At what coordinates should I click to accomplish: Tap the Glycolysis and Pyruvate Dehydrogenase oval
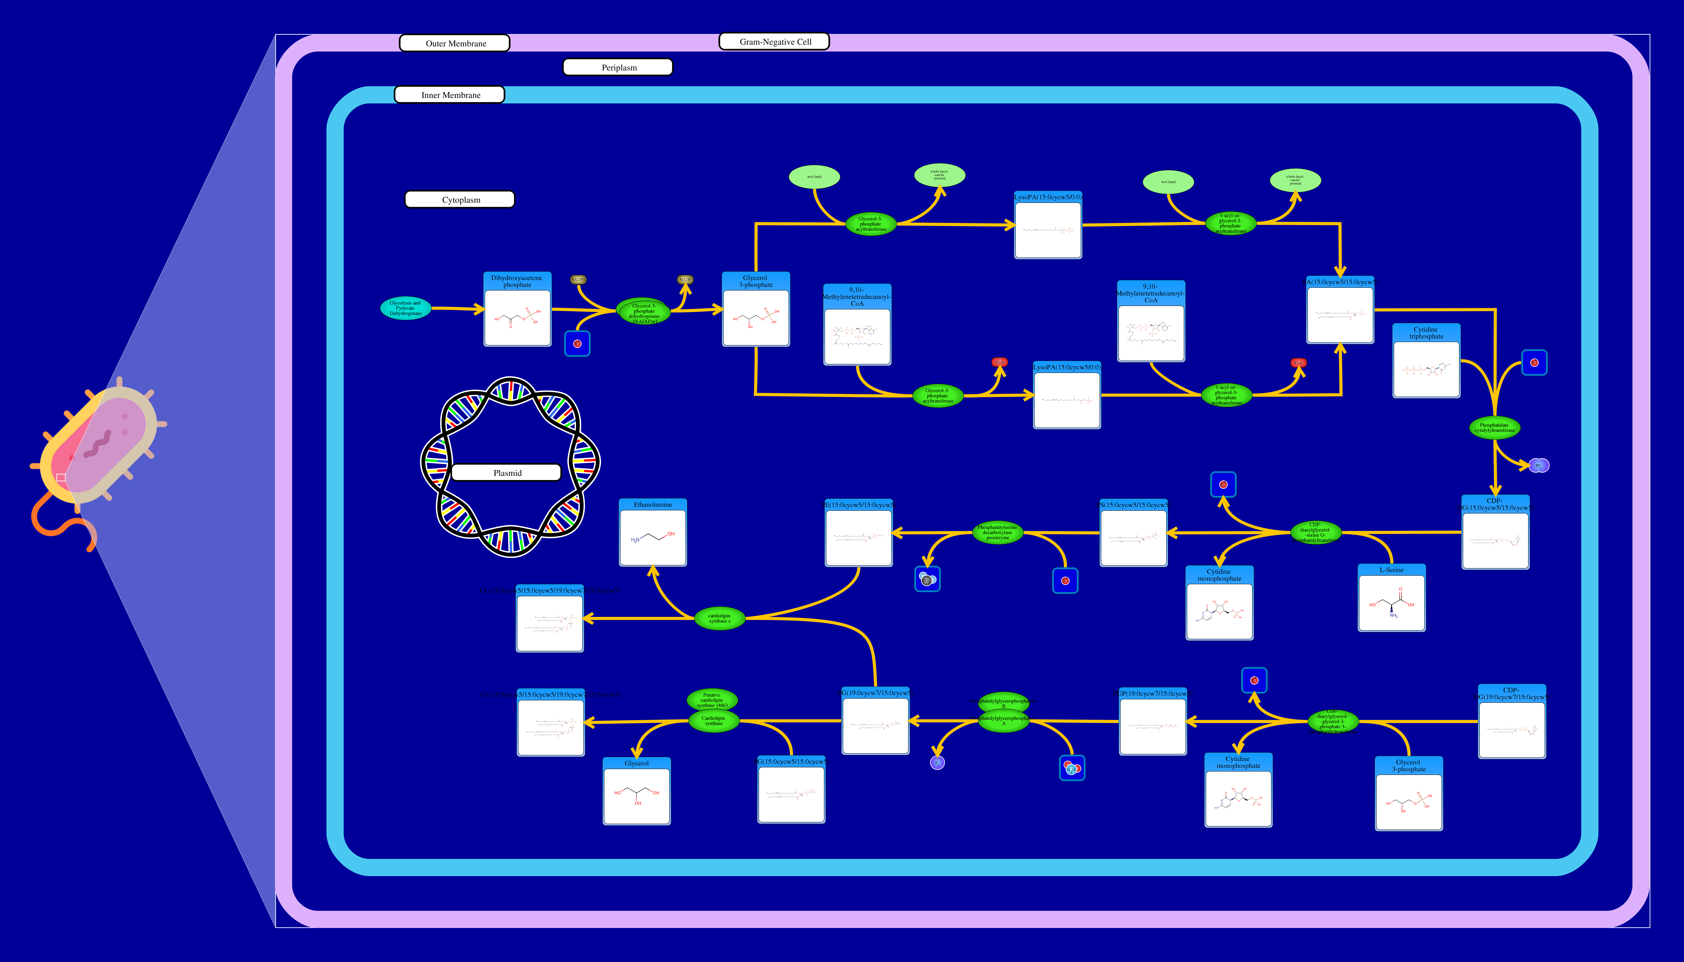pos(405,308)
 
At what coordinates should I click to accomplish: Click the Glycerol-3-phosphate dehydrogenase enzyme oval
pos(644,312)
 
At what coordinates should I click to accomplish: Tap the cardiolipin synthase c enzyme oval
pos(719,618)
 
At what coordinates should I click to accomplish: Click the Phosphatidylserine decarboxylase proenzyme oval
pos(997,533)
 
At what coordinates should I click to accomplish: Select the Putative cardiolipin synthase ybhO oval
pos(712,699)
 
